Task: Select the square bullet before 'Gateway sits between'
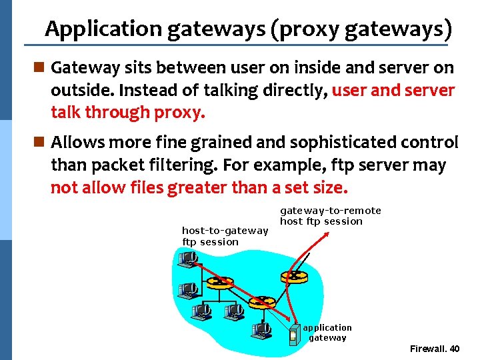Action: [x=39, y=68]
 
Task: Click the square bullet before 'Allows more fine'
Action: [x=39, y=143]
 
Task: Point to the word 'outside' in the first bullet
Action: [x=77, y=91]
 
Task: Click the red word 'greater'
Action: [x=198, y=188]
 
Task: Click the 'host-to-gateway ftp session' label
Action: [x=225, y=236]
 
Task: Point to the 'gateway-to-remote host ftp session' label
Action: [x=330, y=215]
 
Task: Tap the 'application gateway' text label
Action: [x=327, y=333]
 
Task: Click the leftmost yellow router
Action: [x=217, y=282]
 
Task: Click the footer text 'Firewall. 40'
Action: [x=434, y=349]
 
